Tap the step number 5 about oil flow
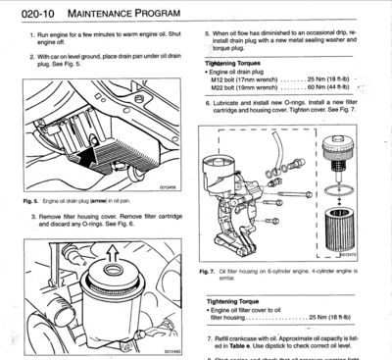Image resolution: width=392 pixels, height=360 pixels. [209, 33]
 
